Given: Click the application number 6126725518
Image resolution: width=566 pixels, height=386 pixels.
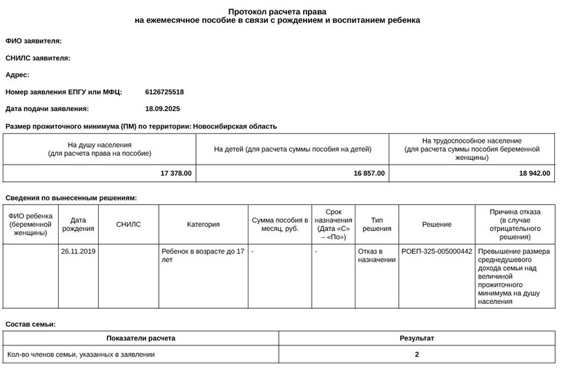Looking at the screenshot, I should (x=164, y=92).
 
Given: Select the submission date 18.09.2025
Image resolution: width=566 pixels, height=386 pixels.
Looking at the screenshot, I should (x=162, y=108).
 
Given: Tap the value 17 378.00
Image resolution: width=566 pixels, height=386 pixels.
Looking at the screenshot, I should (x=176, y=173).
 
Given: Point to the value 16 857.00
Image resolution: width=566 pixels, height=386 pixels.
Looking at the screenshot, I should (x=369, y=173).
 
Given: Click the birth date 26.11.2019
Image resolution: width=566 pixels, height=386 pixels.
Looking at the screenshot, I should (x=78, y=252).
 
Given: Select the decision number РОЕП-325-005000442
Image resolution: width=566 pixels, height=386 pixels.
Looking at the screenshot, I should (x=436, y=252).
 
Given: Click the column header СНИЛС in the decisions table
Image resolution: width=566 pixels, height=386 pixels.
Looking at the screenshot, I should (x=128, y=224).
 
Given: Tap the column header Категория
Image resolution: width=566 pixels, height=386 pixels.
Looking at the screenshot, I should (x=203, y=224).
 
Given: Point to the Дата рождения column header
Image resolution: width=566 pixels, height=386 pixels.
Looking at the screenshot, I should (x=78, y=224).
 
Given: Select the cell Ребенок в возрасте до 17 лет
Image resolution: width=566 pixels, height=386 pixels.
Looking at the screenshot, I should (x=203, y=256).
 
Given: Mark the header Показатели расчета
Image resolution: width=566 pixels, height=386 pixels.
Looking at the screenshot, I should (x=141, y=338).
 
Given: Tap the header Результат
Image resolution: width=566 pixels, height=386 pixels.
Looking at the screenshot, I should (x=417, y=338).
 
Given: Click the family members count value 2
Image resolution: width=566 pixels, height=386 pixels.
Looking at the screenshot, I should (x=417, y=354).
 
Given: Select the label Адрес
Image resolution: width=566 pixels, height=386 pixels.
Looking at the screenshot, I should (x=17, y=74).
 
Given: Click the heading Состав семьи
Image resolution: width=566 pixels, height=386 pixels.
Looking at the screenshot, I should (x=30, y=324).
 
